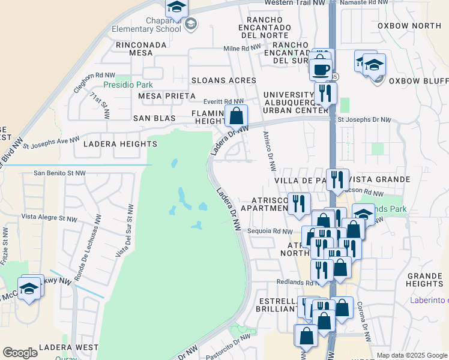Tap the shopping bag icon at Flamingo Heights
[x=237, y=114]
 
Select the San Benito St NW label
[x=59, y=173]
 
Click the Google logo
[x=20, y=353]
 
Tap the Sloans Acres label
[x=223, y=80]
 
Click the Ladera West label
[x=68, y=347]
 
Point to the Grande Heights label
[x=424, y=279]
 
